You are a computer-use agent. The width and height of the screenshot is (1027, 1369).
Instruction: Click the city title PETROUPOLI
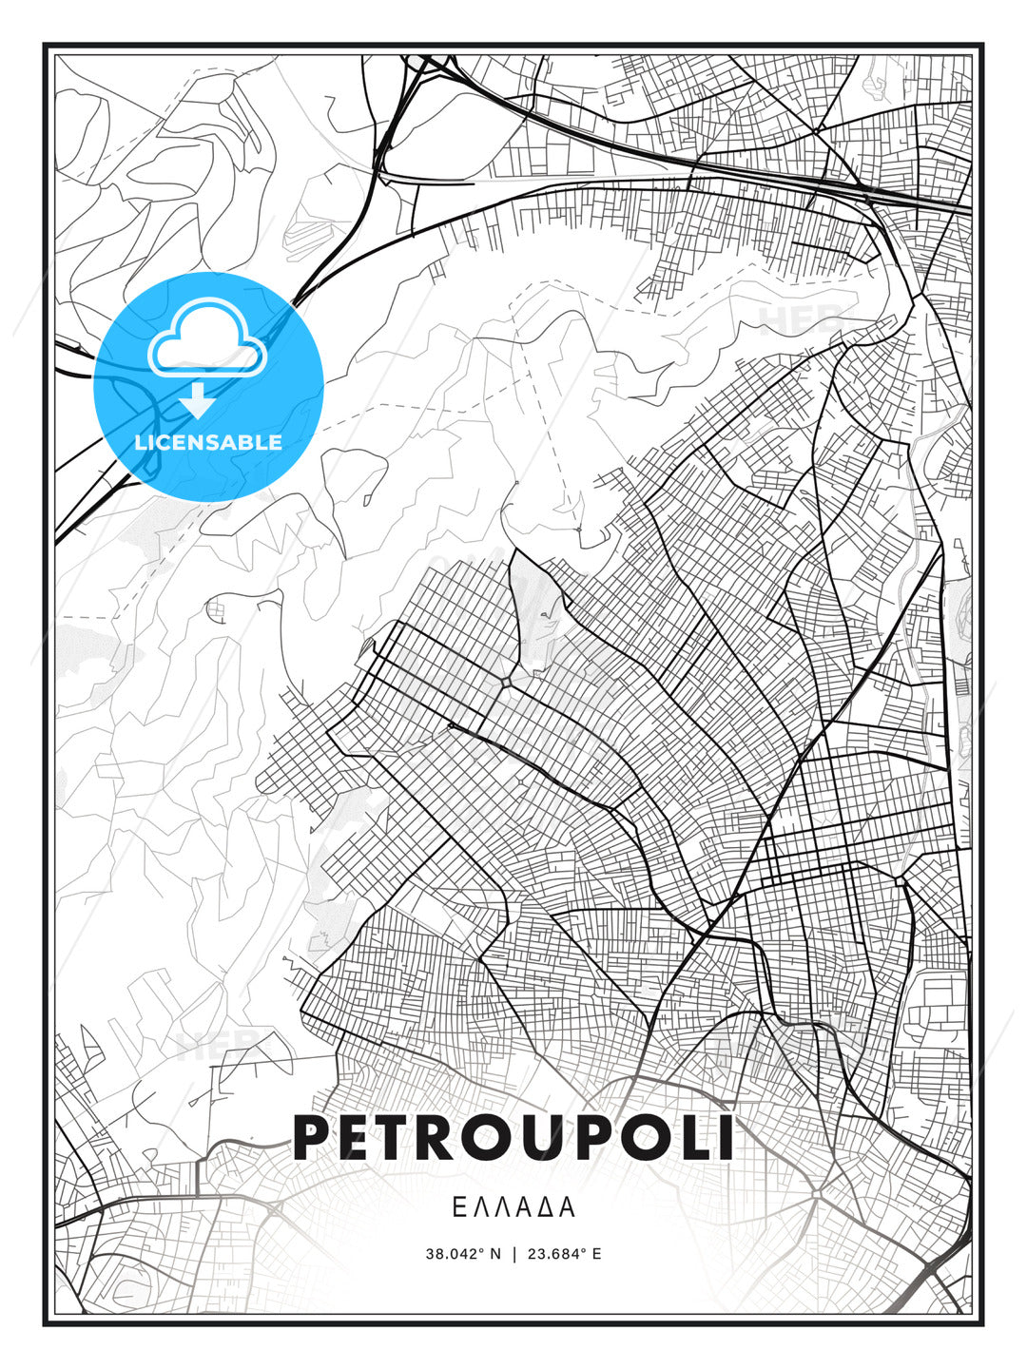tap(513, 1137)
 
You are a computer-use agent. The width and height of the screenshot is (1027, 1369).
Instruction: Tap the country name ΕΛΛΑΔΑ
tap(513, 1207)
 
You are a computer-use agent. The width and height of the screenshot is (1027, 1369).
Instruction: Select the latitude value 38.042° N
tap(463, 1254)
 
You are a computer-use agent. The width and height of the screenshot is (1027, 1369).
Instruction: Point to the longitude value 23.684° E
tap(564, 1254)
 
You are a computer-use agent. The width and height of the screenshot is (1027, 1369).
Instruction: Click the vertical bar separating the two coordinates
tap(513, 1254)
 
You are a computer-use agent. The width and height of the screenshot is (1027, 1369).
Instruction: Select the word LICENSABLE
tap(208, 442)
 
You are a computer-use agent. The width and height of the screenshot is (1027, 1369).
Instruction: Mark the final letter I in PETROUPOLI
tap(726, 1137)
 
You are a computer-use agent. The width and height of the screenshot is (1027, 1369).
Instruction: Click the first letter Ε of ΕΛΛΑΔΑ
tap(458, 1207)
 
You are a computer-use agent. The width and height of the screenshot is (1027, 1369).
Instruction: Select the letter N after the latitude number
tap(494, 1254)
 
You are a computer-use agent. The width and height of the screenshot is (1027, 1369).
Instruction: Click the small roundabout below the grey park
tap(505, 683)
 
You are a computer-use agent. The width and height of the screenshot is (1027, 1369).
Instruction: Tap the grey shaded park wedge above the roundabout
tap(533, 608)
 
